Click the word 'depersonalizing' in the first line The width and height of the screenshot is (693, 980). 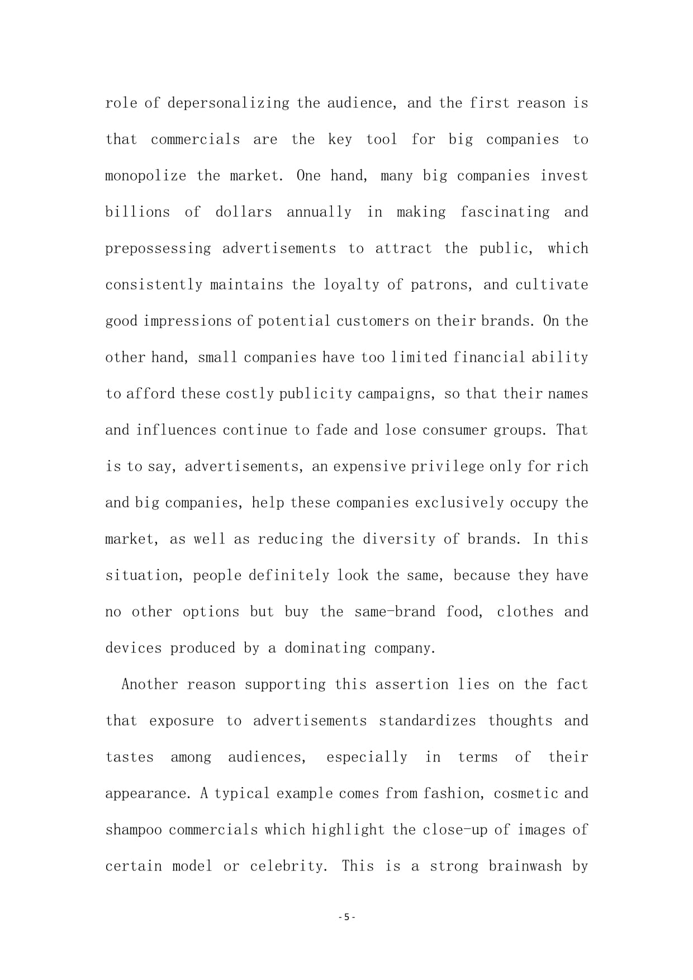click(228, 103)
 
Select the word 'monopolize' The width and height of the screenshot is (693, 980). click(146, 176)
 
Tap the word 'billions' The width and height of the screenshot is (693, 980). click(137, 212)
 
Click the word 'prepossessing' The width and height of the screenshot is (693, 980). click(158, 249)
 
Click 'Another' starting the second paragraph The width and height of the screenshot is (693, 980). click(150, 685)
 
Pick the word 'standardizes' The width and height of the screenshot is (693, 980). click(428, 721)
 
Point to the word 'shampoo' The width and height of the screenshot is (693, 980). click(134, 830)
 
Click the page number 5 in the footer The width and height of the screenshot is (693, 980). click(346, 917)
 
